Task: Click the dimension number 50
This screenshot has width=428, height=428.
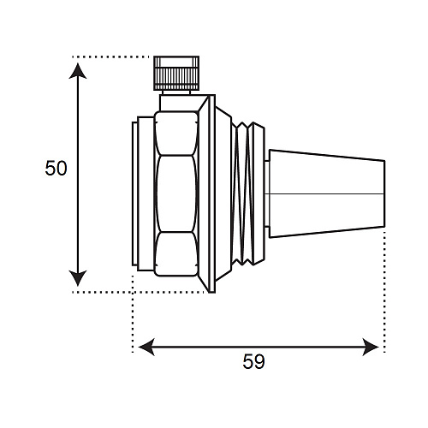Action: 56,168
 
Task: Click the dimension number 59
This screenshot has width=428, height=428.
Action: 253,361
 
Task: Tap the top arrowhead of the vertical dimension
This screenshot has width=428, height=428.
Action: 78,71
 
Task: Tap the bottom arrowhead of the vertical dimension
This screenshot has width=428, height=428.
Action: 78,278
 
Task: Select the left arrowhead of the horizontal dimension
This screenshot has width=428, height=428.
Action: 146,347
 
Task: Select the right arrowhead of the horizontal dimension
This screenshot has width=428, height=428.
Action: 371,347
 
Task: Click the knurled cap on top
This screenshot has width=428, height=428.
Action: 176,74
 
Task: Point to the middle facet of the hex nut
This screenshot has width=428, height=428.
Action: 176,193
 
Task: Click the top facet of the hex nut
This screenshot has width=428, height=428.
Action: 176,134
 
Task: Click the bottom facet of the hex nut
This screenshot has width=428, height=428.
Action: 176,254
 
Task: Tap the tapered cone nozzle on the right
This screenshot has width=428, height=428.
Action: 327,193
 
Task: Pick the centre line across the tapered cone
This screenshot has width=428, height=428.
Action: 324,194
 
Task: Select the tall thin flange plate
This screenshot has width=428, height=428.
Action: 212,193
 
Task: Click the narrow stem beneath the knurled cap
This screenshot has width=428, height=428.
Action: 176,92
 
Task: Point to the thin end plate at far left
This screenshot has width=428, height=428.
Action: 134,193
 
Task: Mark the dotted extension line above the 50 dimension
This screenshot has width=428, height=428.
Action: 110,57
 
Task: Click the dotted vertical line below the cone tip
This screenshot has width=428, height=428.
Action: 384,292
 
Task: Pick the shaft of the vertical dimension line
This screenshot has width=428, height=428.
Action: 78,175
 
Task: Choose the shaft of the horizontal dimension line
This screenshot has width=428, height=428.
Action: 259,347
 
